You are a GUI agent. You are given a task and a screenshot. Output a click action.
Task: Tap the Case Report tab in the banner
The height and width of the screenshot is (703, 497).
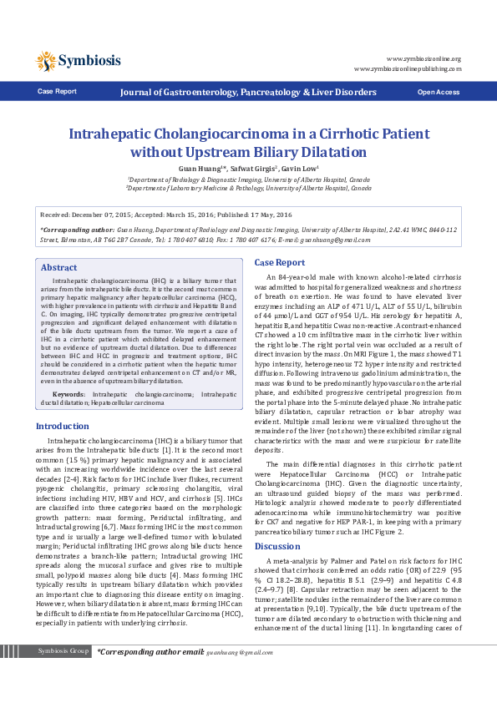57,91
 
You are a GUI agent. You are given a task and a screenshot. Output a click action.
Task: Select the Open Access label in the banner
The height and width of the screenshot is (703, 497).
438,91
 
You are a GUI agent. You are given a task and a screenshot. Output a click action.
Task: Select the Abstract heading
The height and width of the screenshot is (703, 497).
58,268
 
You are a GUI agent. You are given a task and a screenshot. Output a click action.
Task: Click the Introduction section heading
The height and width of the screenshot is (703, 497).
63,426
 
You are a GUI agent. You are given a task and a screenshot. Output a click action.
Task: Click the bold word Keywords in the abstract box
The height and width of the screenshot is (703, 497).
68,392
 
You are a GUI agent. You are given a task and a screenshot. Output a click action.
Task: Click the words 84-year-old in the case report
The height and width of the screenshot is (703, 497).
299,276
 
